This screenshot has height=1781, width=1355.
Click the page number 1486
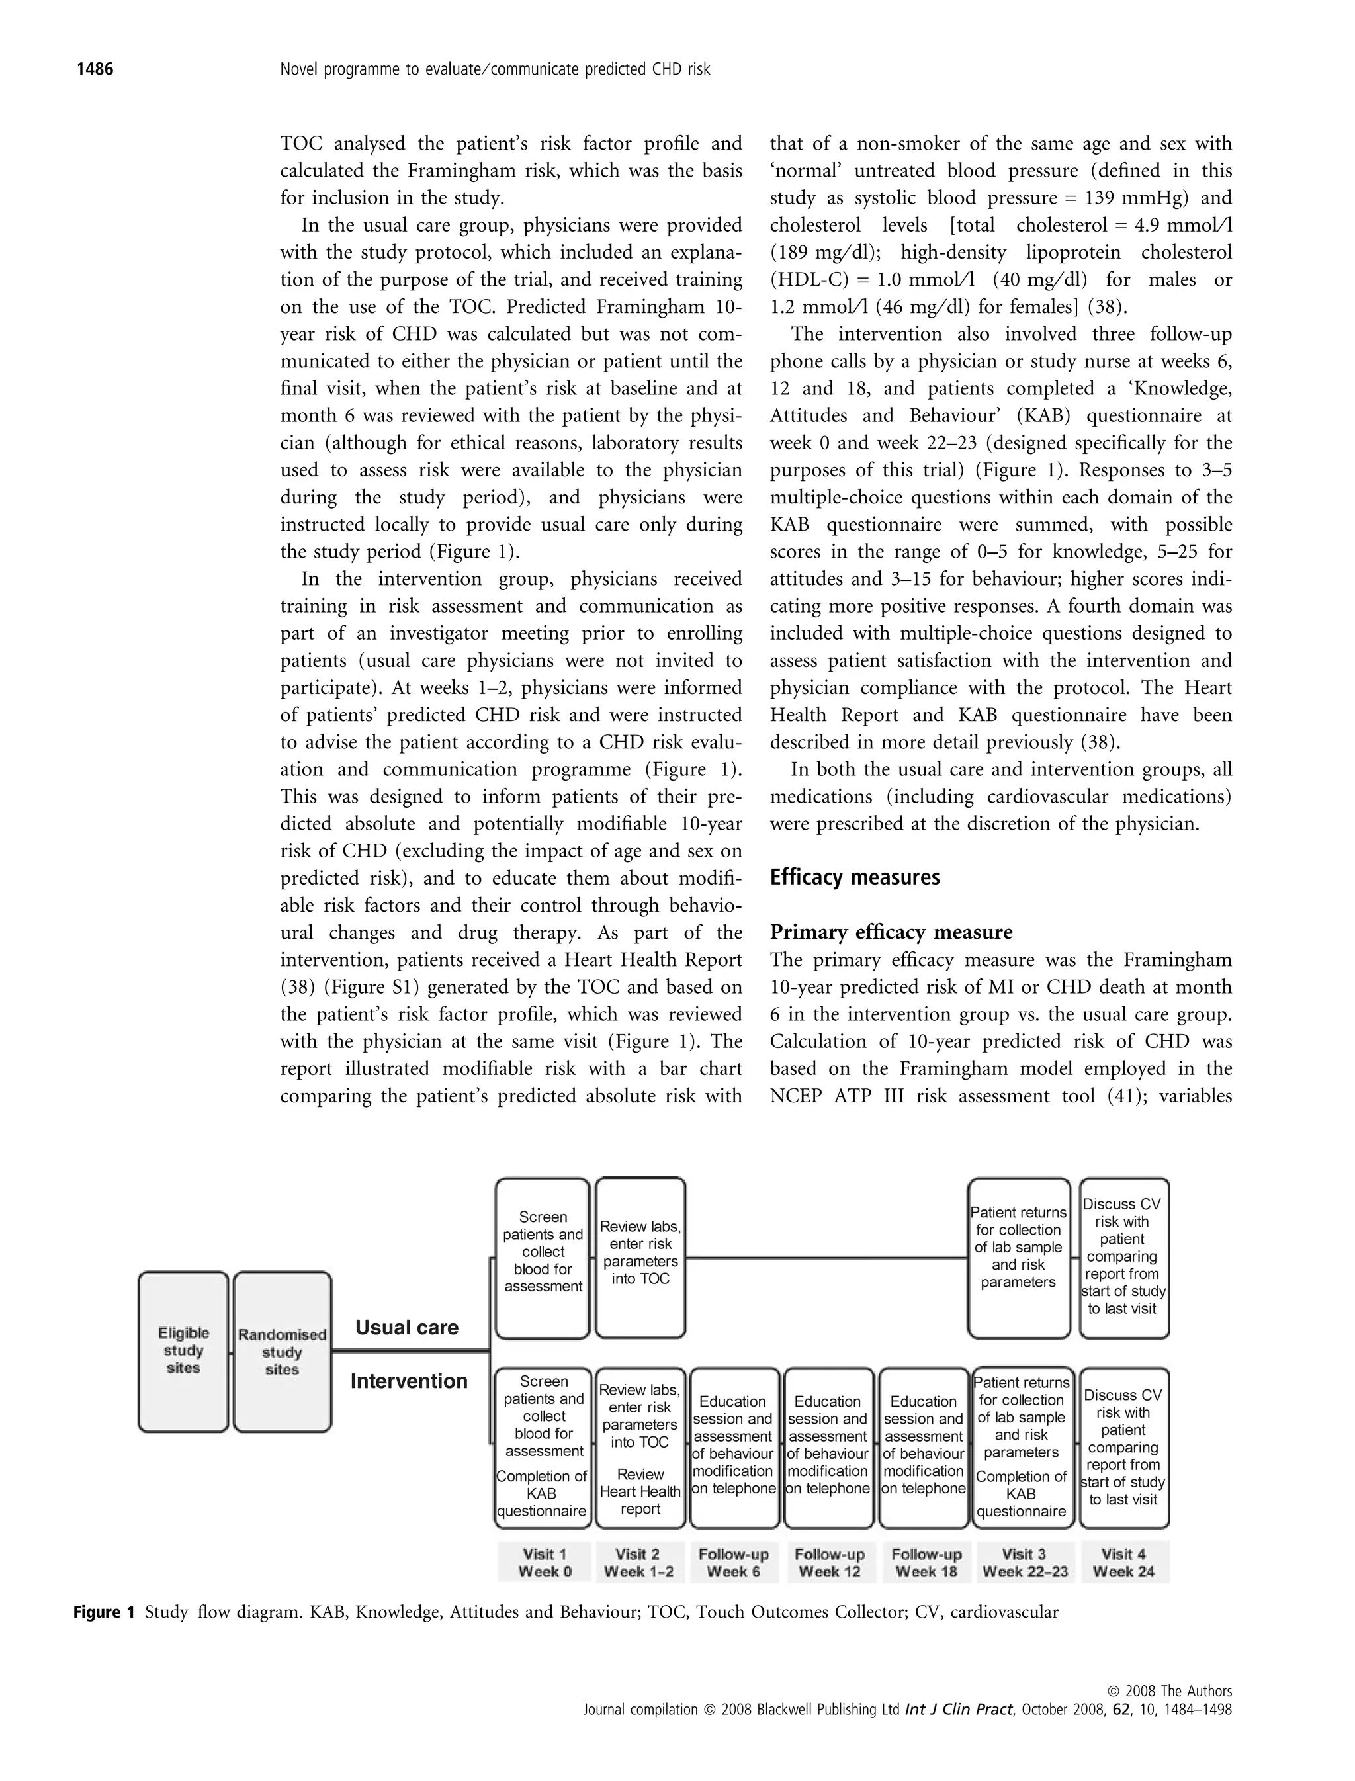(x=95, y=69)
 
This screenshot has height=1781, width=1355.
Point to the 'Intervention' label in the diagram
(x=408, y=1381)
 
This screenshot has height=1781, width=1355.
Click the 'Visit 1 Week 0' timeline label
(x=545, y=1563)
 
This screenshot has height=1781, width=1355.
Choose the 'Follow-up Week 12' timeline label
(x=829, y=1563)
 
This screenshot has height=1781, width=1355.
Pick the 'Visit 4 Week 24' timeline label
(x=1123, y=1563)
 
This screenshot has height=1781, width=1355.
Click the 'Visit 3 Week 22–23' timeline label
(x=1024, y=1563)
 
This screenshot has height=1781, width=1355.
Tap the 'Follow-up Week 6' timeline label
(x=733, y=1563)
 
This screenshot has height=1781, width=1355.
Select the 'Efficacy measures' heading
(x=854, y=877)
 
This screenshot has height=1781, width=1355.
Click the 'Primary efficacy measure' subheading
(x=891, y=932)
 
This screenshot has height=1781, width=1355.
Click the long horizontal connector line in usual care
(x=827, y=1258)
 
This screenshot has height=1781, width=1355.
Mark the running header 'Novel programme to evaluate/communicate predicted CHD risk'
(x=494, y=69)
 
